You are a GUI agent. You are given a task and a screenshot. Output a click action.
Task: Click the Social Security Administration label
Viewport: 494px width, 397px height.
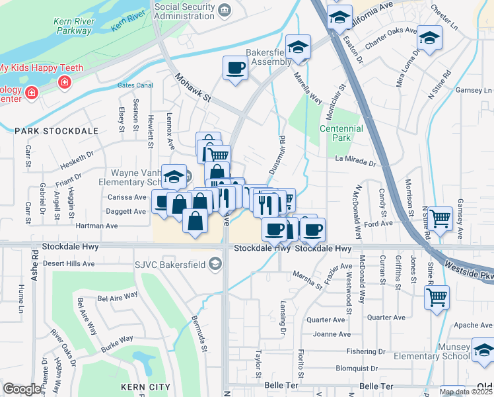coord(185,12)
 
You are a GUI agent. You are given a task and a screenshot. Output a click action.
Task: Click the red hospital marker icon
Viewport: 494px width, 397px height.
coord(65,82)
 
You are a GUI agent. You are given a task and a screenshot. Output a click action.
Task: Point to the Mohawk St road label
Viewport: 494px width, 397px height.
coord(192,88)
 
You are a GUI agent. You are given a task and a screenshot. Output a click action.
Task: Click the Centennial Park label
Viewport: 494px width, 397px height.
coord(341,134)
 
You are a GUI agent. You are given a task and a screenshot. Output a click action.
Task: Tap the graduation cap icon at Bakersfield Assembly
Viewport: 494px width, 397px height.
coord(299,48)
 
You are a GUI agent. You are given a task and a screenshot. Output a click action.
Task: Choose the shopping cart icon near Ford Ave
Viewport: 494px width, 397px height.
coord(440,216)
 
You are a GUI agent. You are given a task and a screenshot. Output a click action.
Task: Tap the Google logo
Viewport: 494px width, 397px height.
coord(22,389)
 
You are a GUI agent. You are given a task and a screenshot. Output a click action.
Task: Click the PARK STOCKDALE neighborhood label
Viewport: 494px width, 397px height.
coord(56,132)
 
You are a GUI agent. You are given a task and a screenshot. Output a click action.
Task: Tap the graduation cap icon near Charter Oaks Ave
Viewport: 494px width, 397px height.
coord(429,39)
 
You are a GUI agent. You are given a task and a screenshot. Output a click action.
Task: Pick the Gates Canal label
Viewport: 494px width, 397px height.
coord(135,85)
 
